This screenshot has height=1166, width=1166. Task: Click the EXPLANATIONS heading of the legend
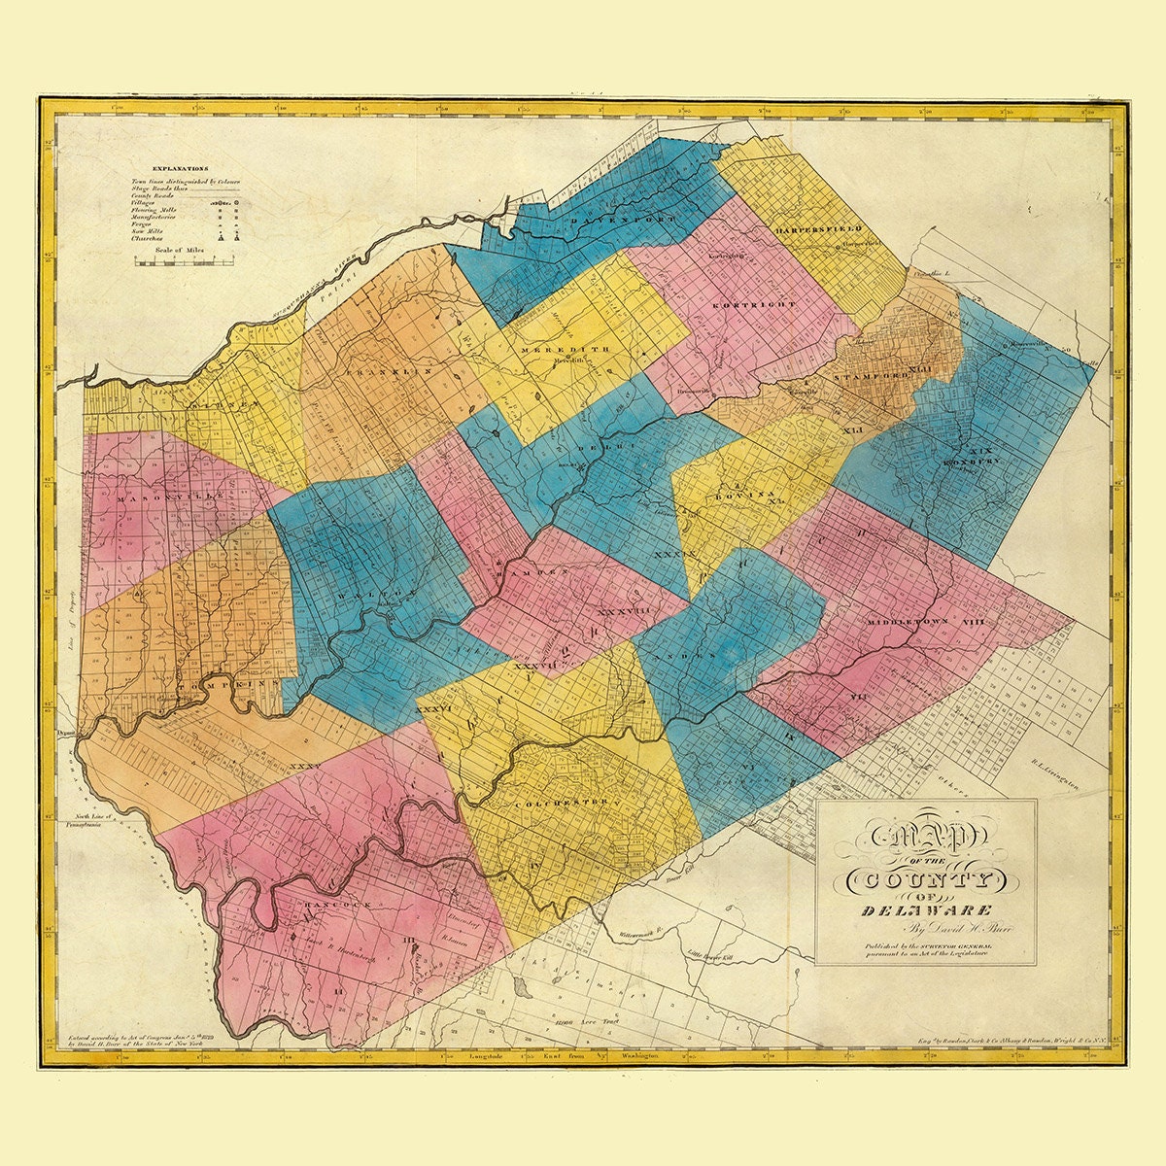tap(174, 168)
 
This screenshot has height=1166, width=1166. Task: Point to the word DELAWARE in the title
tap(927, 910)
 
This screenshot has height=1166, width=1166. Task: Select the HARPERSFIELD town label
tap(820, 229)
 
